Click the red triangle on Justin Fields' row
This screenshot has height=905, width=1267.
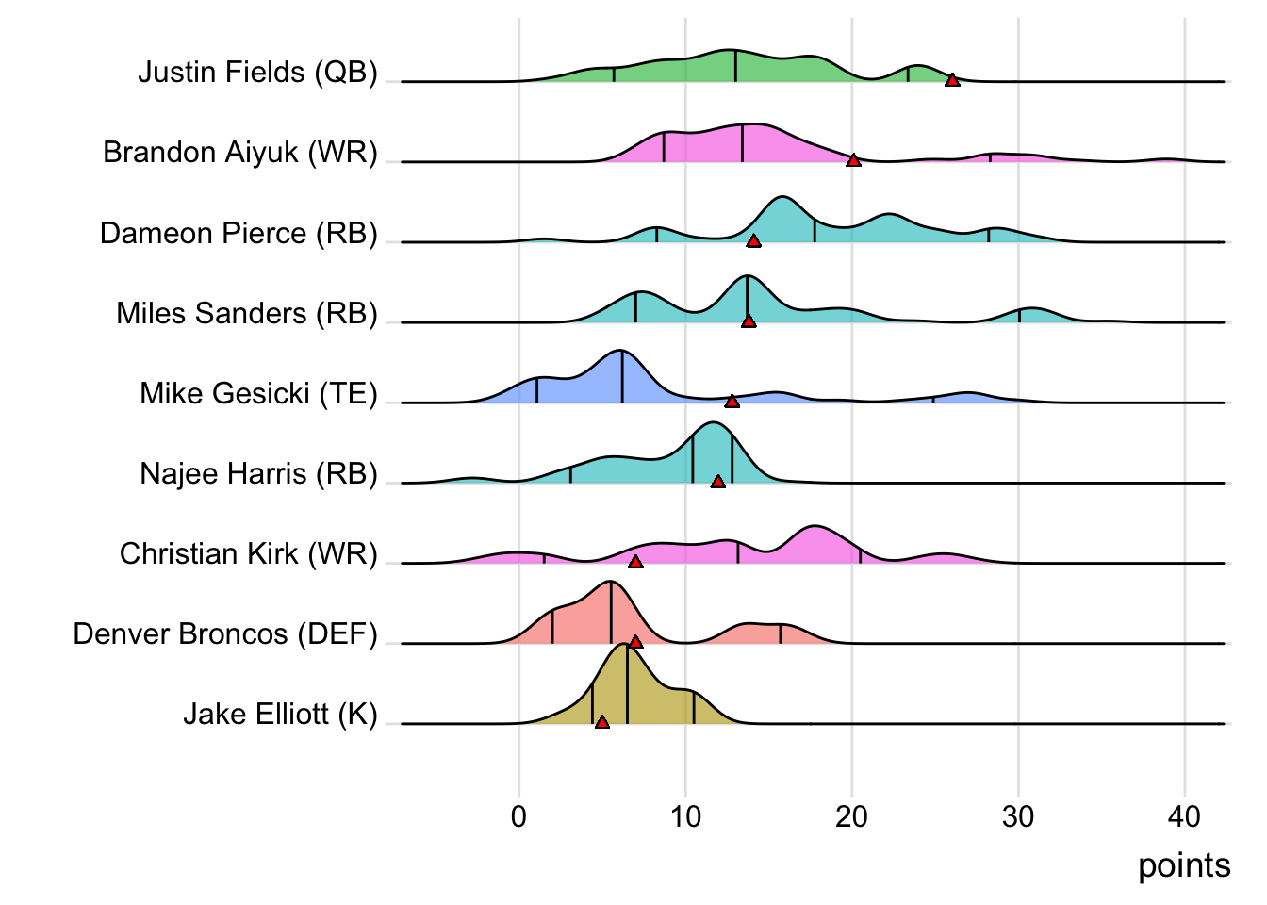click(x=952, y=80)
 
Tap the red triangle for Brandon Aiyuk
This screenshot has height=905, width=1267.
click(x=853, y=160)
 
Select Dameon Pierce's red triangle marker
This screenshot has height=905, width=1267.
click(x=753, y=241)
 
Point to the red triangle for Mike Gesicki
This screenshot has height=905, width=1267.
click(x=732, y=402)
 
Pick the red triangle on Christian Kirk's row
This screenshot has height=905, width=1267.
click(x=635, y=562)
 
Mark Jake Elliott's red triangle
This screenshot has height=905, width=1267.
click(x=601, y=722)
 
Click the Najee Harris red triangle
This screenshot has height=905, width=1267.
click(x=717, y=482)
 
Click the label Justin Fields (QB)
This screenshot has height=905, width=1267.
click(x=257, y=73)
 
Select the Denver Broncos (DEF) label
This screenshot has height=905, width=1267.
click(x=225, y=633)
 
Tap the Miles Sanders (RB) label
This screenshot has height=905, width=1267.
click(x=247, y=313)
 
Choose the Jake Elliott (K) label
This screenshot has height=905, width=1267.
click(x=280, y=714)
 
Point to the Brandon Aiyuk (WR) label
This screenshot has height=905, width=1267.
click(x=240, y=153)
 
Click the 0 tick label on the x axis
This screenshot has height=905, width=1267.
click(x=518, y=816)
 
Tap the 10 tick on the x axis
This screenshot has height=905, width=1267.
click(x=685, y=816)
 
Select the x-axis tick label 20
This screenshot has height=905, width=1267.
click(x=851, y=816)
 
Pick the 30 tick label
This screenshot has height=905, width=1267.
click(x=1018, y=816)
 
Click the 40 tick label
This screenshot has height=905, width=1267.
click(x=1184, y=816)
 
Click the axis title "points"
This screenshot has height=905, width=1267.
click(x=1184, y=865)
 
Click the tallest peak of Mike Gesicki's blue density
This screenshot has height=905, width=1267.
click(x=621, y=352)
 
